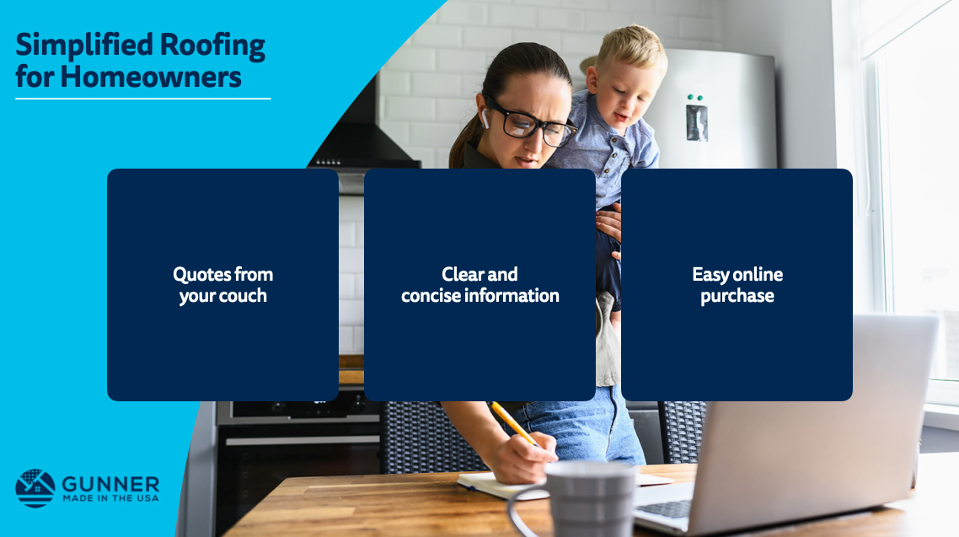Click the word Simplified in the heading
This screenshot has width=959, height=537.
pos(84,45)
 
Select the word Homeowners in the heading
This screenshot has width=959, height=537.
pos(151,77)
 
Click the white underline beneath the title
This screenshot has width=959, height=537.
pos(143,99)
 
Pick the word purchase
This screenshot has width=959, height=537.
pos(737,297)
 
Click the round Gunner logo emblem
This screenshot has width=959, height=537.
pos(35,488)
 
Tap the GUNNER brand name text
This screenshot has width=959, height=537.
pos(110,485)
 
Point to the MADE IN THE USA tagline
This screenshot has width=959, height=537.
pos(110,498)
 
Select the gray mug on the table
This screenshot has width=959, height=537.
pos(581,498)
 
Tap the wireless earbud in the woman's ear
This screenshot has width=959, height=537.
pos(485,117)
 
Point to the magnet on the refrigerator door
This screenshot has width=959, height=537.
pos(697,122)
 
